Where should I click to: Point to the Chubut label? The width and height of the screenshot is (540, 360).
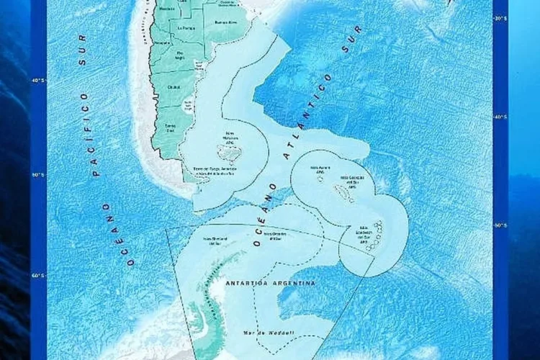(173, 87)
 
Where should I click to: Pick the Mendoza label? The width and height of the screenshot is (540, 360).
(166, 9)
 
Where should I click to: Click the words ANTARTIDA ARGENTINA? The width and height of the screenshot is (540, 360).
(270, 283)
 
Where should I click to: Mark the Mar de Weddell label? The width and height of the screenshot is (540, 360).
(259, 333)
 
